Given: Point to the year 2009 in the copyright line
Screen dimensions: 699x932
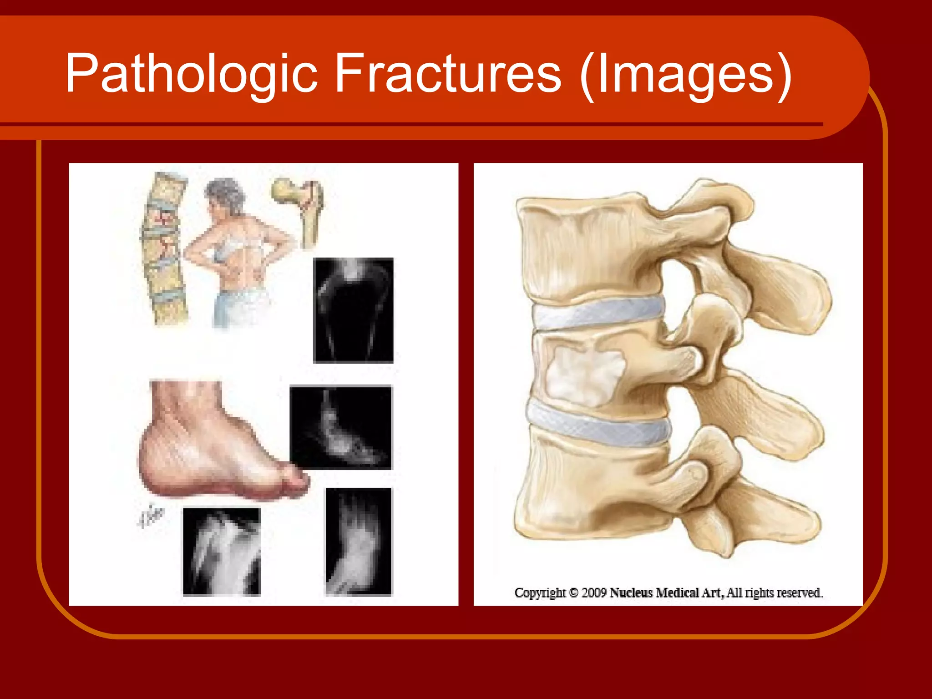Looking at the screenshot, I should coord(594,593).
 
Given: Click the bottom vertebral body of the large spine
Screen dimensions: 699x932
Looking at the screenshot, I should coord(592,491).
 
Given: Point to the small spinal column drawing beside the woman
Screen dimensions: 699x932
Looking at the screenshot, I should coord(164,248).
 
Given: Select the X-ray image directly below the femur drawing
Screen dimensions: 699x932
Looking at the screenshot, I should coord(353,310).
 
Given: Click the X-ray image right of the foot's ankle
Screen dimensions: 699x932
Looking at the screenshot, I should coord(340,427).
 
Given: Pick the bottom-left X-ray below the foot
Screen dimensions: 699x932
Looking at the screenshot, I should coord(222,552).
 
